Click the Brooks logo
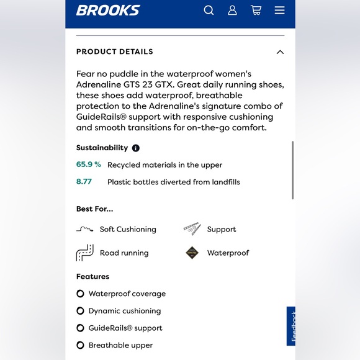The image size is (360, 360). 108,10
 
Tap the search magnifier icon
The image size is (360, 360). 209,10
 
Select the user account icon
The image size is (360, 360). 232,10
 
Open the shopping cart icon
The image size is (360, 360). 256,10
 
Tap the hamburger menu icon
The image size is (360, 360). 279,10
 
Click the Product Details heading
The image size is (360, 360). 115,52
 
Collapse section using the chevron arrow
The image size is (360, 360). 280,52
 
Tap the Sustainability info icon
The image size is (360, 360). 136,148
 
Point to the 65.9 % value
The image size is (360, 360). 89,164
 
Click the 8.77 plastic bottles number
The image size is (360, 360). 84,182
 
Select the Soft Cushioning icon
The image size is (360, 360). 85,229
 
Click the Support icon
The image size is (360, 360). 192,229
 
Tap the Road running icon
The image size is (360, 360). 84,253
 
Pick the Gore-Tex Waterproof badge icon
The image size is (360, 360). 192,253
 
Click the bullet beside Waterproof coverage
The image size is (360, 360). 80,294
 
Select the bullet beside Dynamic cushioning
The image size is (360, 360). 80,311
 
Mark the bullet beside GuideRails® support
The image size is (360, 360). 80,328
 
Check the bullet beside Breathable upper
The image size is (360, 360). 80,345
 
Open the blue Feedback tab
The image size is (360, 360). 291,326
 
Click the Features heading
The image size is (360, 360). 92,276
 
